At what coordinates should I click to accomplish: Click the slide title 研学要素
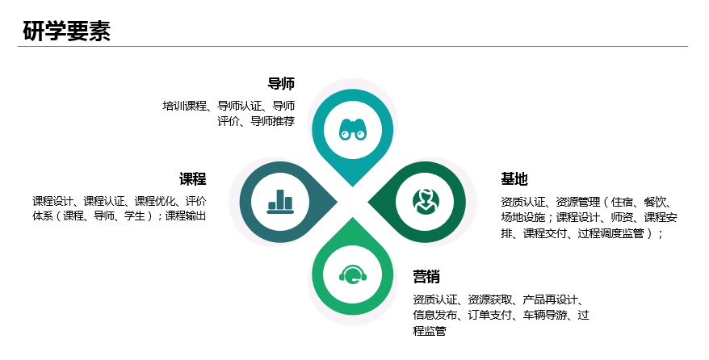pos(67,31)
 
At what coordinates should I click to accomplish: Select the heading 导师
pos(281,84)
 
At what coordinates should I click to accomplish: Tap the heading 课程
pos(193,179)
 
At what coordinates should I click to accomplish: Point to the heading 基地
pos(514,179)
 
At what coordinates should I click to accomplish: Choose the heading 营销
pos(426,277)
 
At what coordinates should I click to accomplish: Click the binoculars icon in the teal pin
pos(353,129)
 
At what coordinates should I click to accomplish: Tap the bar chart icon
pos(280,200)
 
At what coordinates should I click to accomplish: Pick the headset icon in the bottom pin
pos(353,274)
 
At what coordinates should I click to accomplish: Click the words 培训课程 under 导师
pos(185,106)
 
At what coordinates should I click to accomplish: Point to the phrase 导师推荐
pos(272,122)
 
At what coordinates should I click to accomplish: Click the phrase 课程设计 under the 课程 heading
pos(53,201)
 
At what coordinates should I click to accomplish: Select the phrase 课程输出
pos(186,216)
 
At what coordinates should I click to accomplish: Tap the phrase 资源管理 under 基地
pos(578,202)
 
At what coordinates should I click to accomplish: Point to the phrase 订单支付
pos(491,316)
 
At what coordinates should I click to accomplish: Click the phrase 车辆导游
pos(544,316)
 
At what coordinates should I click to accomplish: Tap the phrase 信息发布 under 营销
pos(435,316)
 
